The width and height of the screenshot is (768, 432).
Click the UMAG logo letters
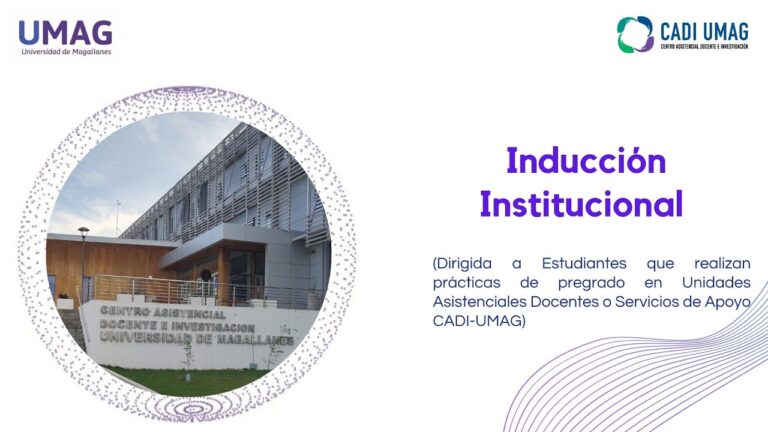click(66, 33)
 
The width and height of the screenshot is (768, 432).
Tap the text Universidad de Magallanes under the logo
click(67, 52)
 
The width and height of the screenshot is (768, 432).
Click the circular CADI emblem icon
click(635, 34)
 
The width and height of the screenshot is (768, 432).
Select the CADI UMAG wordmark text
click(704, 32)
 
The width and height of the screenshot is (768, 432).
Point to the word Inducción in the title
click(586, 161)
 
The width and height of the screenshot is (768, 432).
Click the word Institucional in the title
click(581, 203)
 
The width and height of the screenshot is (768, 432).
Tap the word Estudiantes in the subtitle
click(584, 264)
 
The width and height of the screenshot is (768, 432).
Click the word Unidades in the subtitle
click(716, 283)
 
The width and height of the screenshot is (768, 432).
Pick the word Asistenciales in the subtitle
click(479, 302)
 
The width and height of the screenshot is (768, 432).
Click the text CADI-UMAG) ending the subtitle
click(479, 321)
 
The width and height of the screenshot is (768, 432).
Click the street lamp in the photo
click(83, 263)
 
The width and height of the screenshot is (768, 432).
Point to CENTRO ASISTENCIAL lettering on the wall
click(163, 312)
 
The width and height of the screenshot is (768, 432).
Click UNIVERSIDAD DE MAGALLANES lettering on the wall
click(196, 338)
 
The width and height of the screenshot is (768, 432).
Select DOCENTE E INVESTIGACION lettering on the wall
click(177, 326)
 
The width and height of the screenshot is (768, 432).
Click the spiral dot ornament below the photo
click(192, 408)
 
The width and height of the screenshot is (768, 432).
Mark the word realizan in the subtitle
click(722, 264)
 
